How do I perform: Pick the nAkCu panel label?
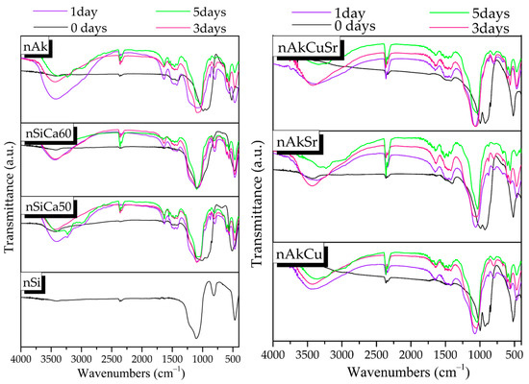[299, 253]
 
